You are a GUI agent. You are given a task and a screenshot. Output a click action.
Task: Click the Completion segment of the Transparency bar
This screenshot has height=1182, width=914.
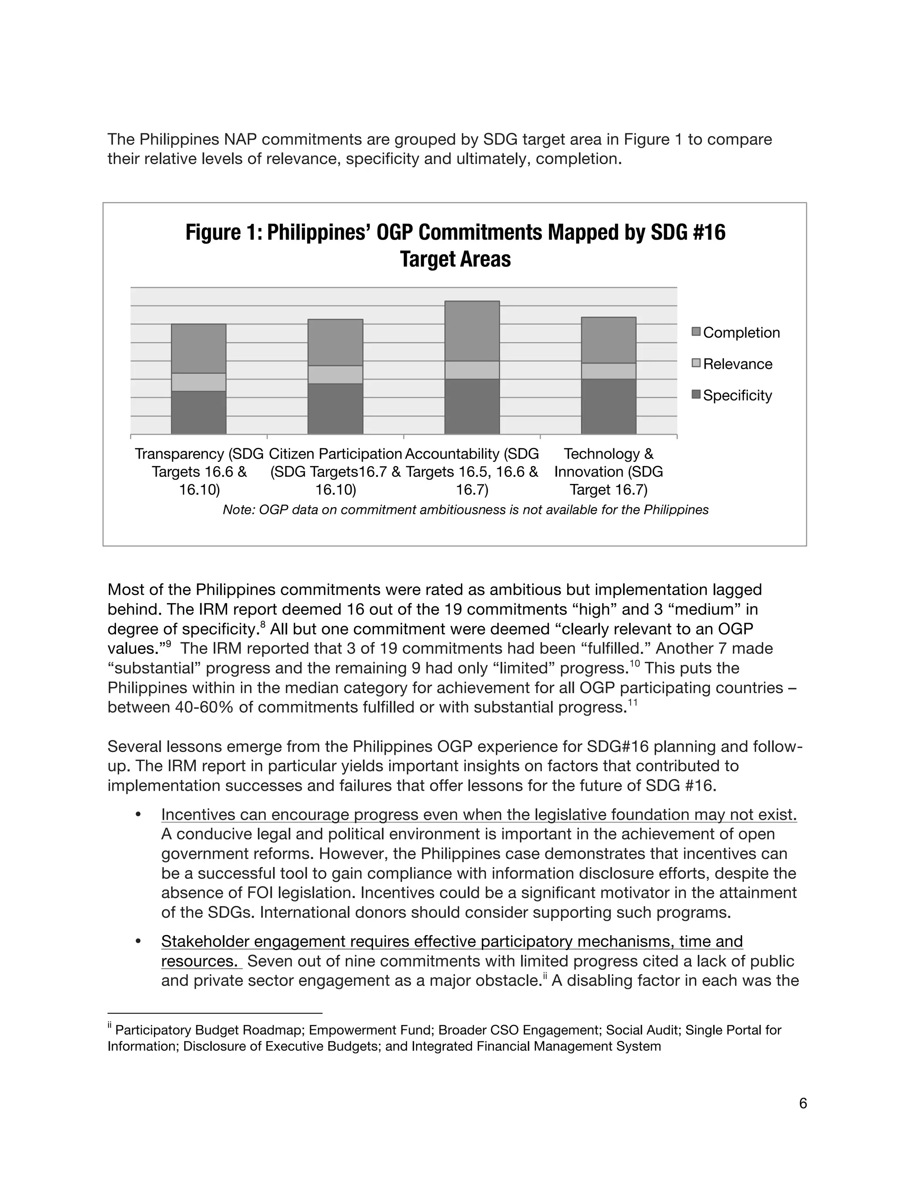[x=198, y=348]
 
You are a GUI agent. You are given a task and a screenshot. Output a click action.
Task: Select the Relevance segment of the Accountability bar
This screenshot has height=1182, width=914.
[x=472, y=370]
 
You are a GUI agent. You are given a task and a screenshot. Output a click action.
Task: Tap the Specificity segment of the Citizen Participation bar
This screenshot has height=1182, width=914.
[x=335, y=409]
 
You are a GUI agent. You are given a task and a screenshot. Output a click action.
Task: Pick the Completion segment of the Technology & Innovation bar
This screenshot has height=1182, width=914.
[x=608, y=340]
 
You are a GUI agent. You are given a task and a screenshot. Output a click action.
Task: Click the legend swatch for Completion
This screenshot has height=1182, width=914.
[x=696, y=332]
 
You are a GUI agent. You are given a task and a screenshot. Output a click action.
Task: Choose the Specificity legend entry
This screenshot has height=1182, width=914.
[x=737, y=395]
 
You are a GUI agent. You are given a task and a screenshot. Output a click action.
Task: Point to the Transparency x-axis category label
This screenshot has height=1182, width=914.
[x=199, y=471]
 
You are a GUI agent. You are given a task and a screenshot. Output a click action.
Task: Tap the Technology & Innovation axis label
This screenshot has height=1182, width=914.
[x=608, y=471]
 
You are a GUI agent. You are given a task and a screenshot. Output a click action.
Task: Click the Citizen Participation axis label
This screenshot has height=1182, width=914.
[x=335, y=471]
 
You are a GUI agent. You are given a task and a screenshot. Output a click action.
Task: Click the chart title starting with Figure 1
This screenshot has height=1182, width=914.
[x=455, y=245]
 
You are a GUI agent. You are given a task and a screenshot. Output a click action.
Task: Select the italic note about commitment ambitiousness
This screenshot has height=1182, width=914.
[x=465, y=510]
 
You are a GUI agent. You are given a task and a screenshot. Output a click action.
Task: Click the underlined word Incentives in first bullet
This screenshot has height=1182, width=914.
[x=198, y=815]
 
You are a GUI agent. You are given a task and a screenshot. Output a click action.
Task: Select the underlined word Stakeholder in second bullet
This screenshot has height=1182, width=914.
[x=205, y=942]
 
